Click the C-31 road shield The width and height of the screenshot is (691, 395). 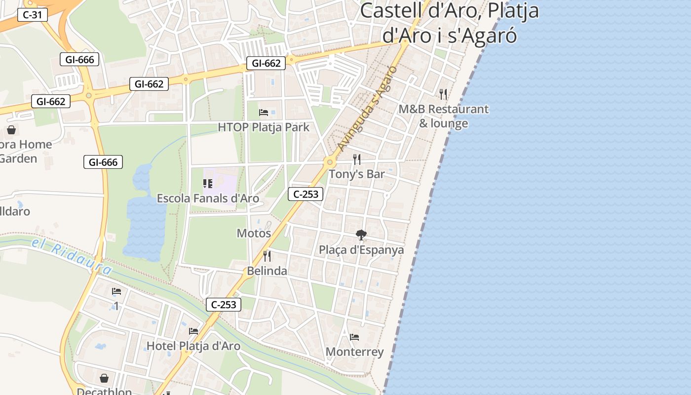[33, 15]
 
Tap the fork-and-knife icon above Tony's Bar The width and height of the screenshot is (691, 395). [357, 159]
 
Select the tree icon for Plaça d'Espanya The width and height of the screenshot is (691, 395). [361, 235]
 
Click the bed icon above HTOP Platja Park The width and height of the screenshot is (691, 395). [264, 113]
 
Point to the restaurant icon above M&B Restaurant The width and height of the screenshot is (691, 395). [443, 94]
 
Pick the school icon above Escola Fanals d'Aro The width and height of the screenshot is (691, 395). [208, 184]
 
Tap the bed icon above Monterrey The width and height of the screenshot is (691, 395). [354, 337]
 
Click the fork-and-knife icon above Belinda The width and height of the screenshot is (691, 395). [267, 256]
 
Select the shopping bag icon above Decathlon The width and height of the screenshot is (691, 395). [104, 379]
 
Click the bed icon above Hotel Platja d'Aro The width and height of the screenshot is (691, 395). [193, 331]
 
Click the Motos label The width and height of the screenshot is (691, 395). [254, 233]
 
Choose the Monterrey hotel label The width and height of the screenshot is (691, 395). [354, 352]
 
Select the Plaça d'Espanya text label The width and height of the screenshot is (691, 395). [361, 250]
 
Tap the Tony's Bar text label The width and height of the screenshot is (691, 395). [357, 174]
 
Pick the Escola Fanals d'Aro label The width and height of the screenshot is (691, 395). [208, 198]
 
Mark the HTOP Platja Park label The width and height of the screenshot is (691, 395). [264, 127]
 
